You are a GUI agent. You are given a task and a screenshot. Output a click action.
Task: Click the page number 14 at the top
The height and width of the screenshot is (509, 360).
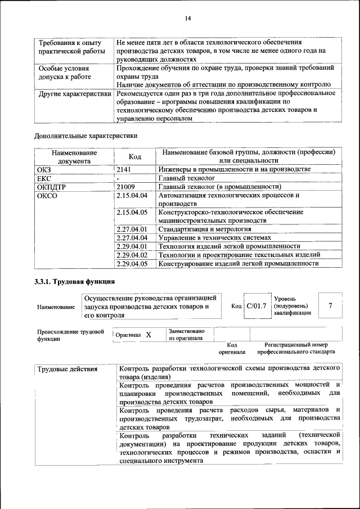(x=188, y=19)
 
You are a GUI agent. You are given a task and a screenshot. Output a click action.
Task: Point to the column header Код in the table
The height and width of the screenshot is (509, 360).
(x=134, y=156)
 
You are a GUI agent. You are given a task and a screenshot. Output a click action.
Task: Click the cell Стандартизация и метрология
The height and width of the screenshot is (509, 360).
(x=204, y=229)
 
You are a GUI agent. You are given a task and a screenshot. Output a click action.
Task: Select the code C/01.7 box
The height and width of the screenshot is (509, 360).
(x=256, y=306)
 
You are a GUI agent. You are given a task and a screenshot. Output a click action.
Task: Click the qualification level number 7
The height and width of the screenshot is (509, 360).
(x=330, y=305)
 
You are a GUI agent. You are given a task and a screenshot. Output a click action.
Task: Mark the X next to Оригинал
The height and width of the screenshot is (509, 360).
(x=148, y=335)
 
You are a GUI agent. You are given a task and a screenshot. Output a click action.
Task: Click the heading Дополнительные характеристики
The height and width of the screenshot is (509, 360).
(x=86, y=136)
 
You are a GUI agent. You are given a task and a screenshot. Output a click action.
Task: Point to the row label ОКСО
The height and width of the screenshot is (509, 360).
(x=47, y=196)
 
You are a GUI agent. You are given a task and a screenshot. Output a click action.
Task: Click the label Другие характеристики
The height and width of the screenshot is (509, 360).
(x=74, y=93)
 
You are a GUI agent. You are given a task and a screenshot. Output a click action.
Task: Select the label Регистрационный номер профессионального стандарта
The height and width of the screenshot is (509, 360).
(x=296, y=348)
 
